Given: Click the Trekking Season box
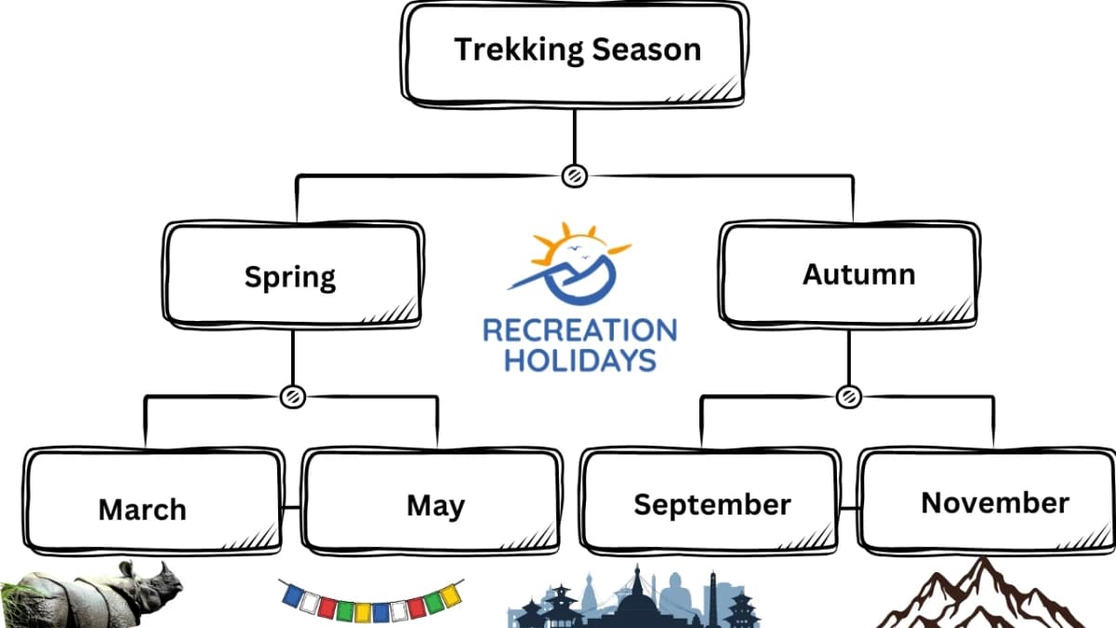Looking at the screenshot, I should pos(576,52).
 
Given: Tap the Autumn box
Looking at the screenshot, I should pos(849,273).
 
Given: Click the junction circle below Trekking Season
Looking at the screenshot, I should pos(575,174).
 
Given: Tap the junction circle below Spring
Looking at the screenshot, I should pos(292,396).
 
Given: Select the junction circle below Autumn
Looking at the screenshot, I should pos(848,396).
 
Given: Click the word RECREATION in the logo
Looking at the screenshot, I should pos(579,330).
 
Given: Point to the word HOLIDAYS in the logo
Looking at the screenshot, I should pos(579,360).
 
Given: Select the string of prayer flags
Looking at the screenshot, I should pos(371,600).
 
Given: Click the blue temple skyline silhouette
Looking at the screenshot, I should pos(632,600).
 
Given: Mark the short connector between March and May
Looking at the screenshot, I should pos(293,508).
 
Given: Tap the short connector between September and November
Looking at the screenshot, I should pos(848,508).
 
